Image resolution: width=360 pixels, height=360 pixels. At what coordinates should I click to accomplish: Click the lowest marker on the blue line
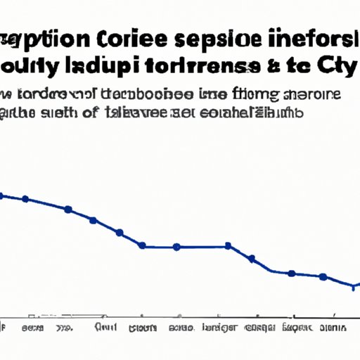click(354, 286)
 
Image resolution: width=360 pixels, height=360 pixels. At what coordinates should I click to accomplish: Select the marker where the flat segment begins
click(143, 245)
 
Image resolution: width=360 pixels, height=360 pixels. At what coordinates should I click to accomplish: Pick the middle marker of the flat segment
click(176, 247)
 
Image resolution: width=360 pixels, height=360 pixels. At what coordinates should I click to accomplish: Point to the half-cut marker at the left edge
click(1, 195)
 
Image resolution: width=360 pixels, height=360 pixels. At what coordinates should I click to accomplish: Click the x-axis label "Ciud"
click(105, 328)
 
